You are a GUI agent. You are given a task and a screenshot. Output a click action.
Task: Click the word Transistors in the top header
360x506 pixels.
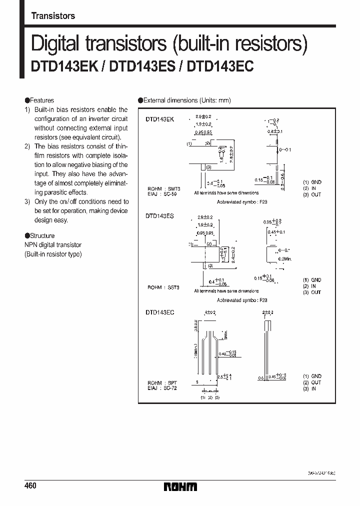[x=53, y=16]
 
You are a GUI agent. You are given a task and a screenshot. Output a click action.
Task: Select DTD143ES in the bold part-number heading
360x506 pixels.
[x=143, y=67]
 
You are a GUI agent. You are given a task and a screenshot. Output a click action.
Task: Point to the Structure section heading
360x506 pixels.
[x=42, y=235]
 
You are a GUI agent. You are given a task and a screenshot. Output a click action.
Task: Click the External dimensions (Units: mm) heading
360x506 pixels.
[x=187, y=100]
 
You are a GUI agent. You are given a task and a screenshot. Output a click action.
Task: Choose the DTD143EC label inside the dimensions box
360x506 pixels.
[x=159, y=312]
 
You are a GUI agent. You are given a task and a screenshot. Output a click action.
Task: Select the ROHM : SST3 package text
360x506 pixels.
[x=163, y=287]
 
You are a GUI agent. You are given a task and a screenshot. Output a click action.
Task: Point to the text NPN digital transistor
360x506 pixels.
[x=53, y=245]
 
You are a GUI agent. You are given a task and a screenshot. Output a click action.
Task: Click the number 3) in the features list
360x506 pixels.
[x=27, y=201]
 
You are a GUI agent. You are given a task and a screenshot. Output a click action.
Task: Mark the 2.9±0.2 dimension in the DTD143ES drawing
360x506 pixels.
[x=204, y=217]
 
